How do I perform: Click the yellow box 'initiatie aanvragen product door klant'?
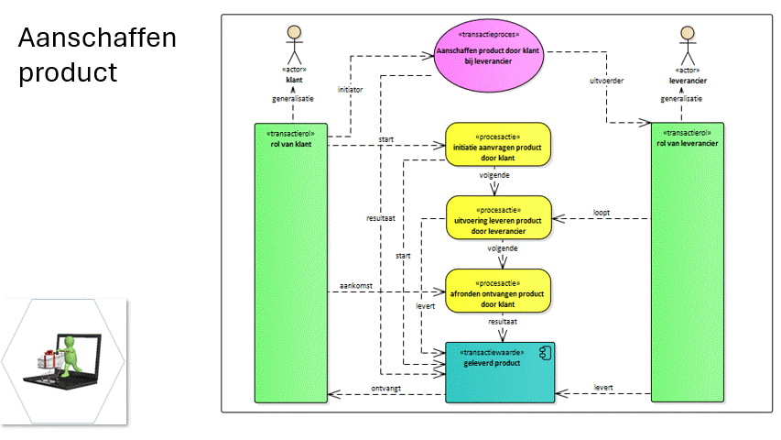(x=499, y=145)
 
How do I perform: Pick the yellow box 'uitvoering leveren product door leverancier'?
(x=499, y=218)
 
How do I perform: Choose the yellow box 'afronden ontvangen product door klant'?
(x=499, y=291)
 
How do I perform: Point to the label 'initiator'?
(x=351, y=90)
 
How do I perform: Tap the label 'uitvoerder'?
(x=606, y=81)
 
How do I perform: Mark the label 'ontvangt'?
(x=385, y=388)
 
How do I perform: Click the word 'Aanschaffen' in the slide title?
(x=97, y=39)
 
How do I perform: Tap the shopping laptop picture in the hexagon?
(x=63, y=359)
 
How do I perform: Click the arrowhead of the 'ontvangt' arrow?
(x=334, y=395)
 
